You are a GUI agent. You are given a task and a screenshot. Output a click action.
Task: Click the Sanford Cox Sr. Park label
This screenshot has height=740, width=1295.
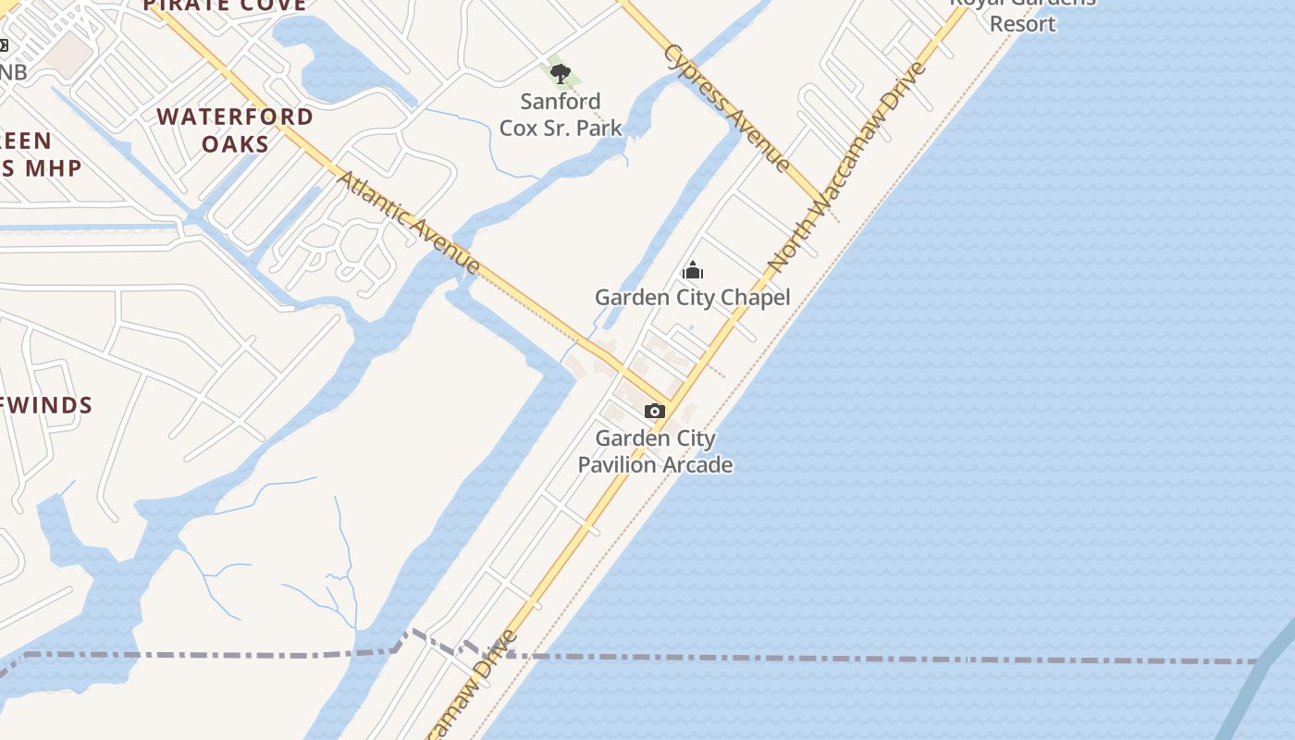(561, 115)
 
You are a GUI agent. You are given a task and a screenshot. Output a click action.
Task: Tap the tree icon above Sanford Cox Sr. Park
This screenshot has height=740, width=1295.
(560, 74)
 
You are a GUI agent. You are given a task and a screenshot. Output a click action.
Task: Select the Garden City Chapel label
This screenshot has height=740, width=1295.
(692, 297)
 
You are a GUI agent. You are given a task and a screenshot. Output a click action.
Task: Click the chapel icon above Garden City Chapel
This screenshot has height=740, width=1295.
(693, 270)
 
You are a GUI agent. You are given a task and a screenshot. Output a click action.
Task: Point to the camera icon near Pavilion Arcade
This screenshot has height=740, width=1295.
(654, 411)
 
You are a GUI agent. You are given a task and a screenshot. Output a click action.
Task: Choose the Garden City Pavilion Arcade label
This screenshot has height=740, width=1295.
(655, 451)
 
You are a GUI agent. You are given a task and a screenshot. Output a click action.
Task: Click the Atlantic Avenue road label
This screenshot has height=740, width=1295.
(408, 222)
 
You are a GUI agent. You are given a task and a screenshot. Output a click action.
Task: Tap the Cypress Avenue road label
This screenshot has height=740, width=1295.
(728, 108)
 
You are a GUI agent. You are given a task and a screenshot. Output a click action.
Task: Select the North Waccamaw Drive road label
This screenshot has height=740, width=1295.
(847, 166)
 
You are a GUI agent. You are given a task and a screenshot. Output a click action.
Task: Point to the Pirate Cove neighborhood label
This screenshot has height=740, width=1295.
(226, 6)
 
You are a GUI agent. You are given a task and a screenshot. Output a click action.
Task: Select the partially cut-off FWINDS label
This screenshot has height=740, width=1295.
(46, 405)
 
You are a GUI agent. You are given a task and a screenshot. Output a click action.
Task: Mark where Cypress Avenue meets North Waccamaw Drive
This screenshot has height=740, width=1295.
(822, 205)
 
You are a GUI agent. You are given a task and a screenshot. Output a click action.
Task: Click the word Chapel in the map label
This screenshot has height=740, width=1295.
(758, 297)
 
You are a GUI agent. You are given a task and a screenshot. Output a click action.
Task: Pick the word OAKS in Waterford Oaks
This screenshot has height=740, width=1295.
(235, 144)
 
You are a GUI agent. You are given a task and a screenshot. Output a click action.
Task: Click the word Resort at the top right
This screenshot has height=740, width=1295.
(1022, 24)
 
